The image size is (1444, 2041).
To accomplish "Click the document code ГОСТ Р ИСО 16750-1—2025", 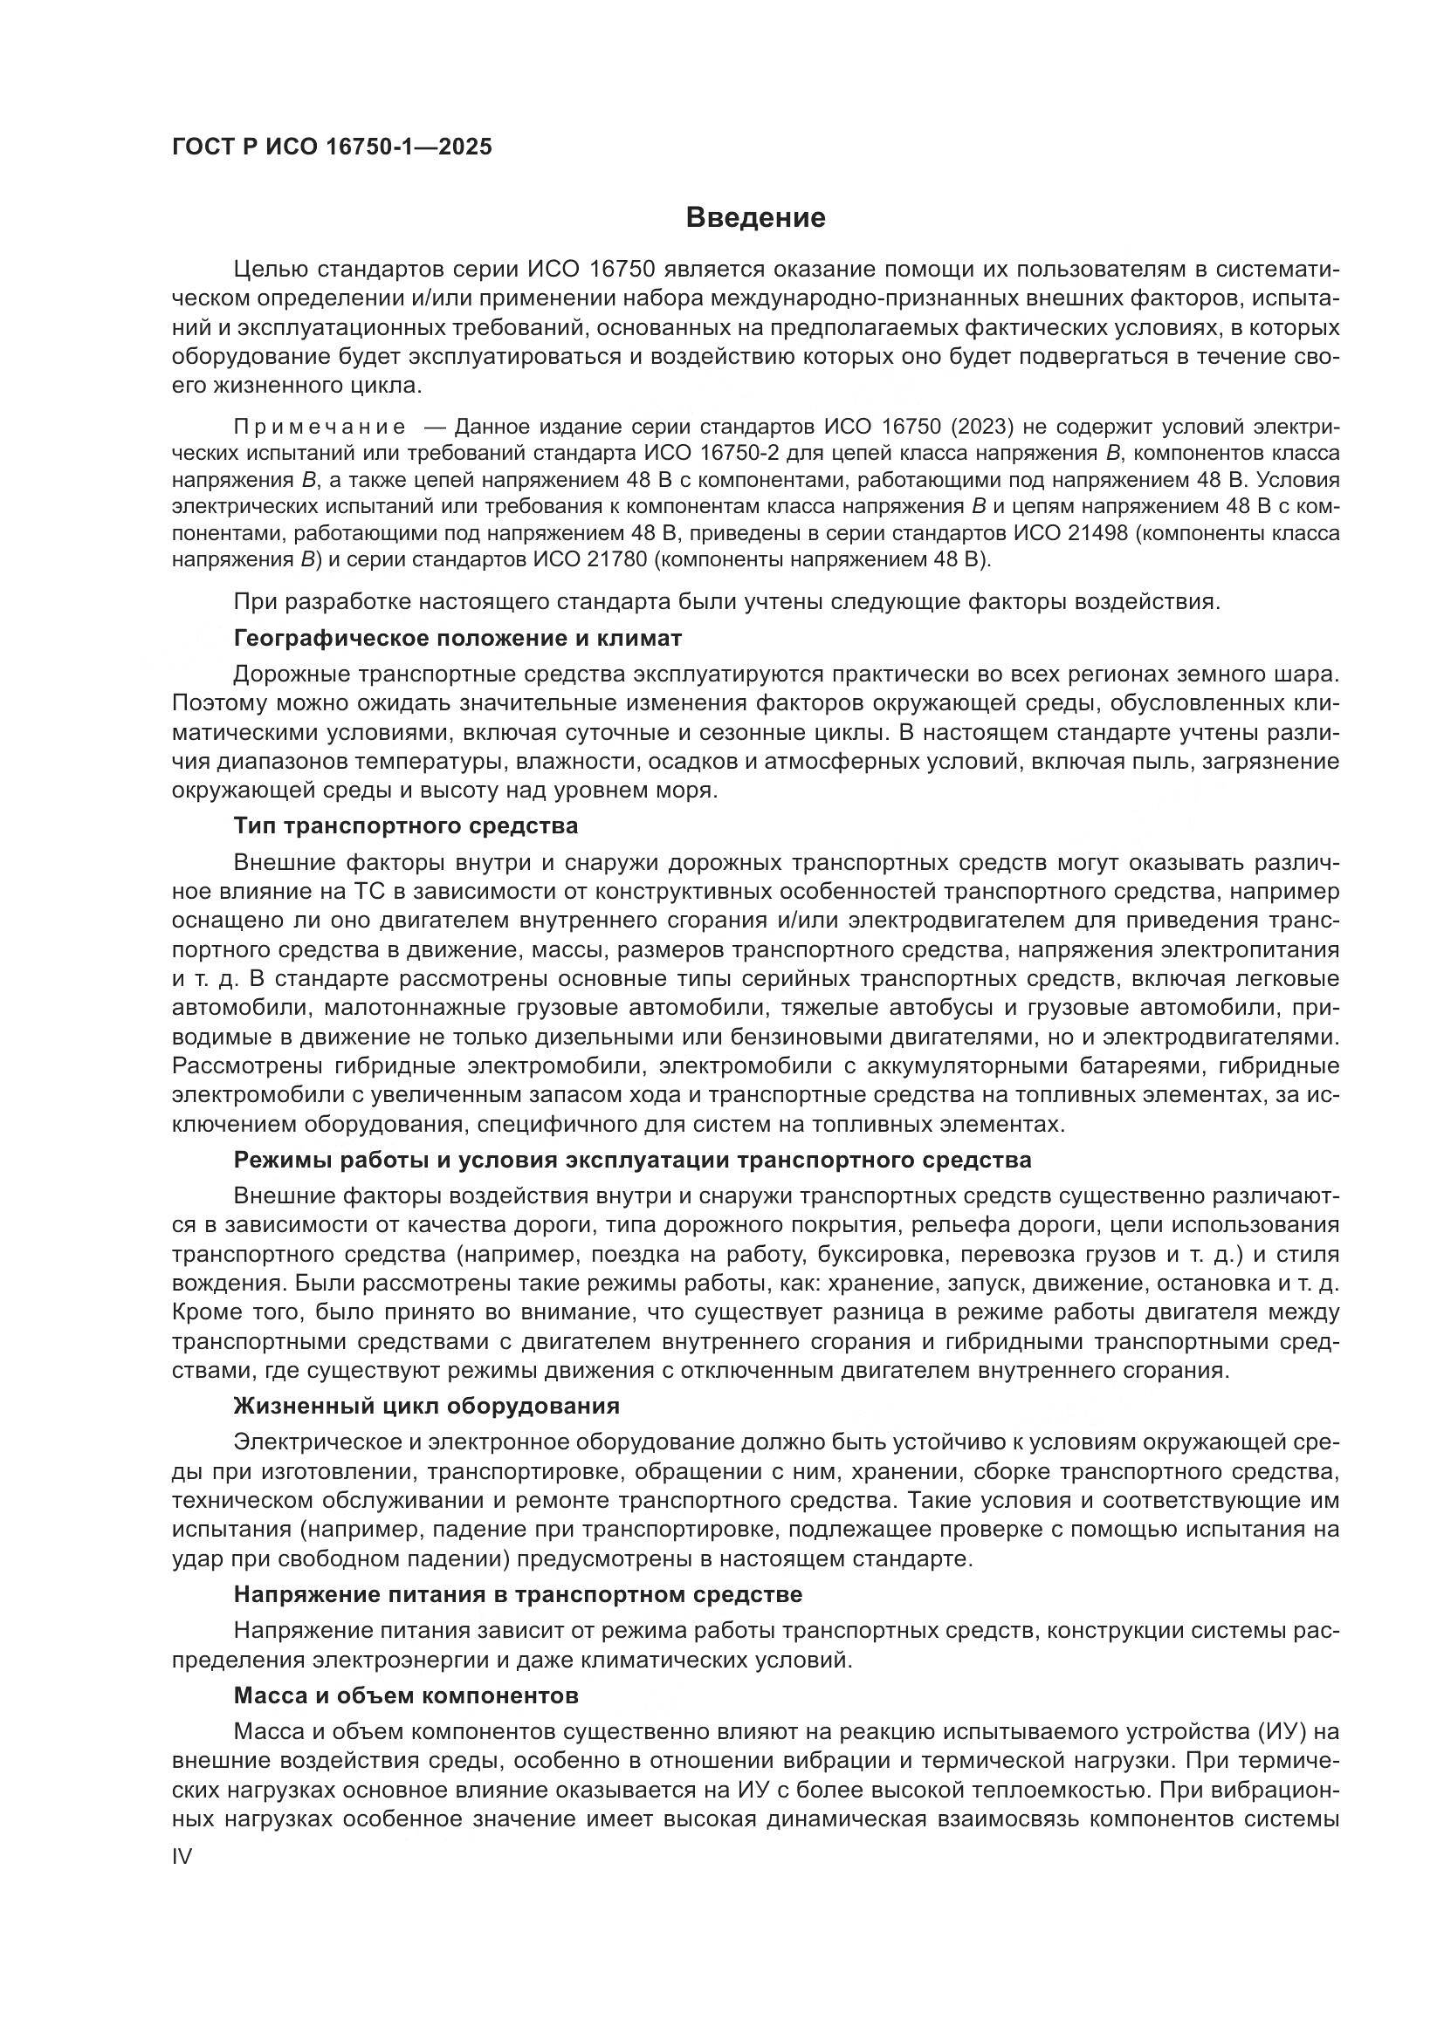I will point(332,147).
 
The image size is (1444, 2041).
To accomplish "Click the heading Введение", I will point(756,218).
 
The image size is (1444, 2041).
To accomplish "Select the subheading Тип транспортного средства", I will point(405,825).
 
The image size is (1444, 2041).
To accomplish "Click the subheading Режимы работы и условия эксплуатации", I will point(632,1160).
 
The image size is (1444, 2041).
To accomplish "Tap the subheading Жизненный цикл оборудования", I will point(426,1407).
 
